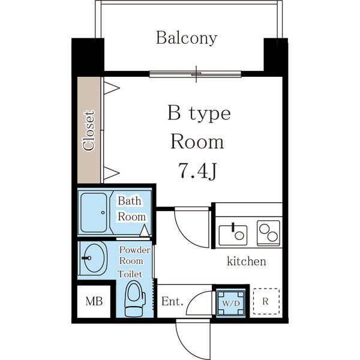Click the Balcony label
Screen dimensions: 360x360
[x=187, y=38]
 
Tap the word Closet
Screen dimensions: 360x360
[x=89, y=131]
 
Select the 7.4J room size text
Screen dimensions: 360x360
[x=197, y=170]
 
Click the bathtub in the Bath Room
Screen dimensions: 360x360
[x=94, y=212]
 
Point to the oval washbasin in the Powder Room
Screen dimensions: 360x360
[x=95, y=258]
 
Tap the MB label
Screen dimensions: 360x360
[x=94, y=301]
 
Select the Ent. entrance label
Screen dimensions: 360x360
[x=172, y=301]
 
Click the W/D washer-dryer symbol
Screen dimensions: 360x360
[x=231, y=303]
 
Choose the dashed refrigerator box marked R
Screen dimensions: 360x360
[x=266, y=301]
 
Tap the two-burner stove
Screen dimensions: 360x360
[x=268, y=233]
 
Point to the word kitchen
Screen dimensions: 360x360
[x=247, y=261]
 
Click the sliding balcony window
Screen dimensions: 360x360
[x=196, y=74]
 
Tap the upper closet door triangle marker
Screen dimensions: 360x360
[x=112, y=88]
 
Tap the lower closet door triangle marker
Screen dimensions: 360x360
[x=112, y=173]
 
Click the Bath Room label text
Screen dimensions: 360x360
[x=131, y=209]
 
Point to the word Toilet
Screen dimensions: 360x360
[x=130, y=274]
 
